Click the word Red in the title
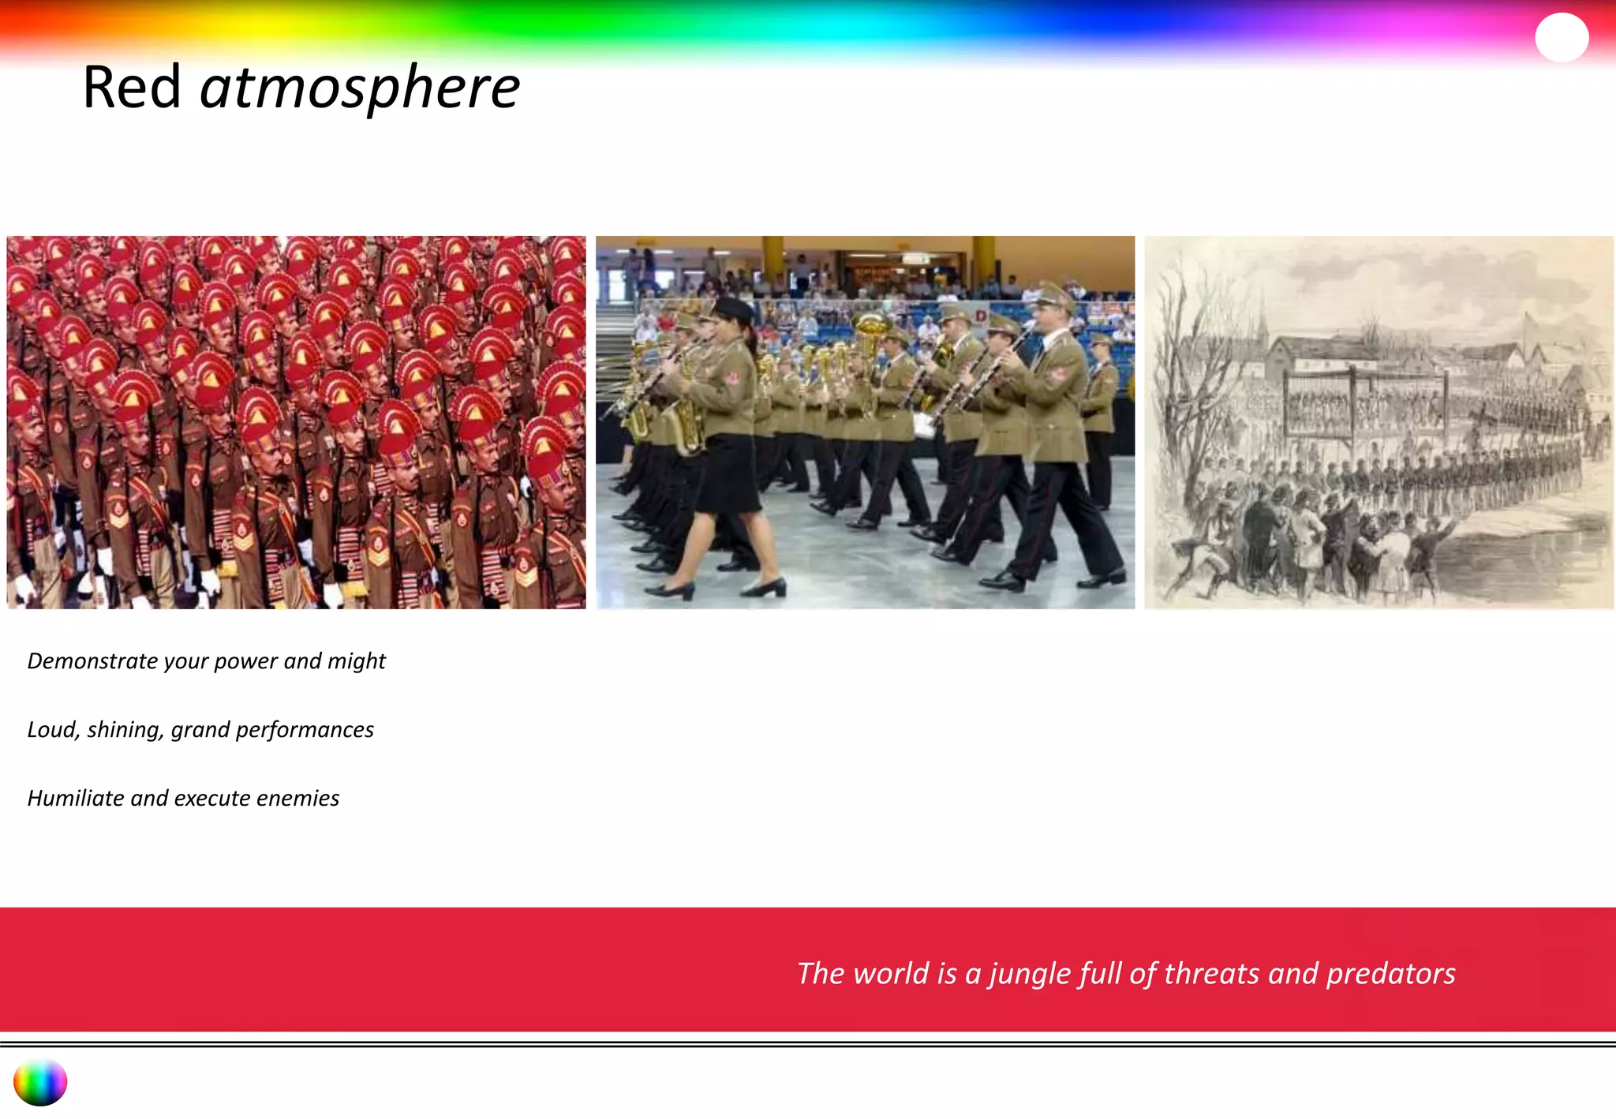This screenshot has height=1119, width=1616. pos(132,87)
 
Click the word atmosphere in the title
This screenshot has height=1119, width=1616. pos(360,88)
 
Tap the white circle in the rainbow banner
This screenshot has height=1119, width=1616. pos(1561,37)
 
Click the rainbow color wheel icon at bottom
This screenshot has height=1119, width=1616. pos(40,1082)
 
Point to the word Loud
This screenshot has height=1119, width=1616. pos(52,729)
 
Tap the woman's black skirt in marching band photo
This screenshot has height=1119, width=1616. pos(730,473)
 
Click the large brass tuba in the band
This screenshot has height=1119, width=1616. pos(870,331)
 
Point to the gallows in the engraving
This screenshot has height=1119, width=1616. pos(1365,395)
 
